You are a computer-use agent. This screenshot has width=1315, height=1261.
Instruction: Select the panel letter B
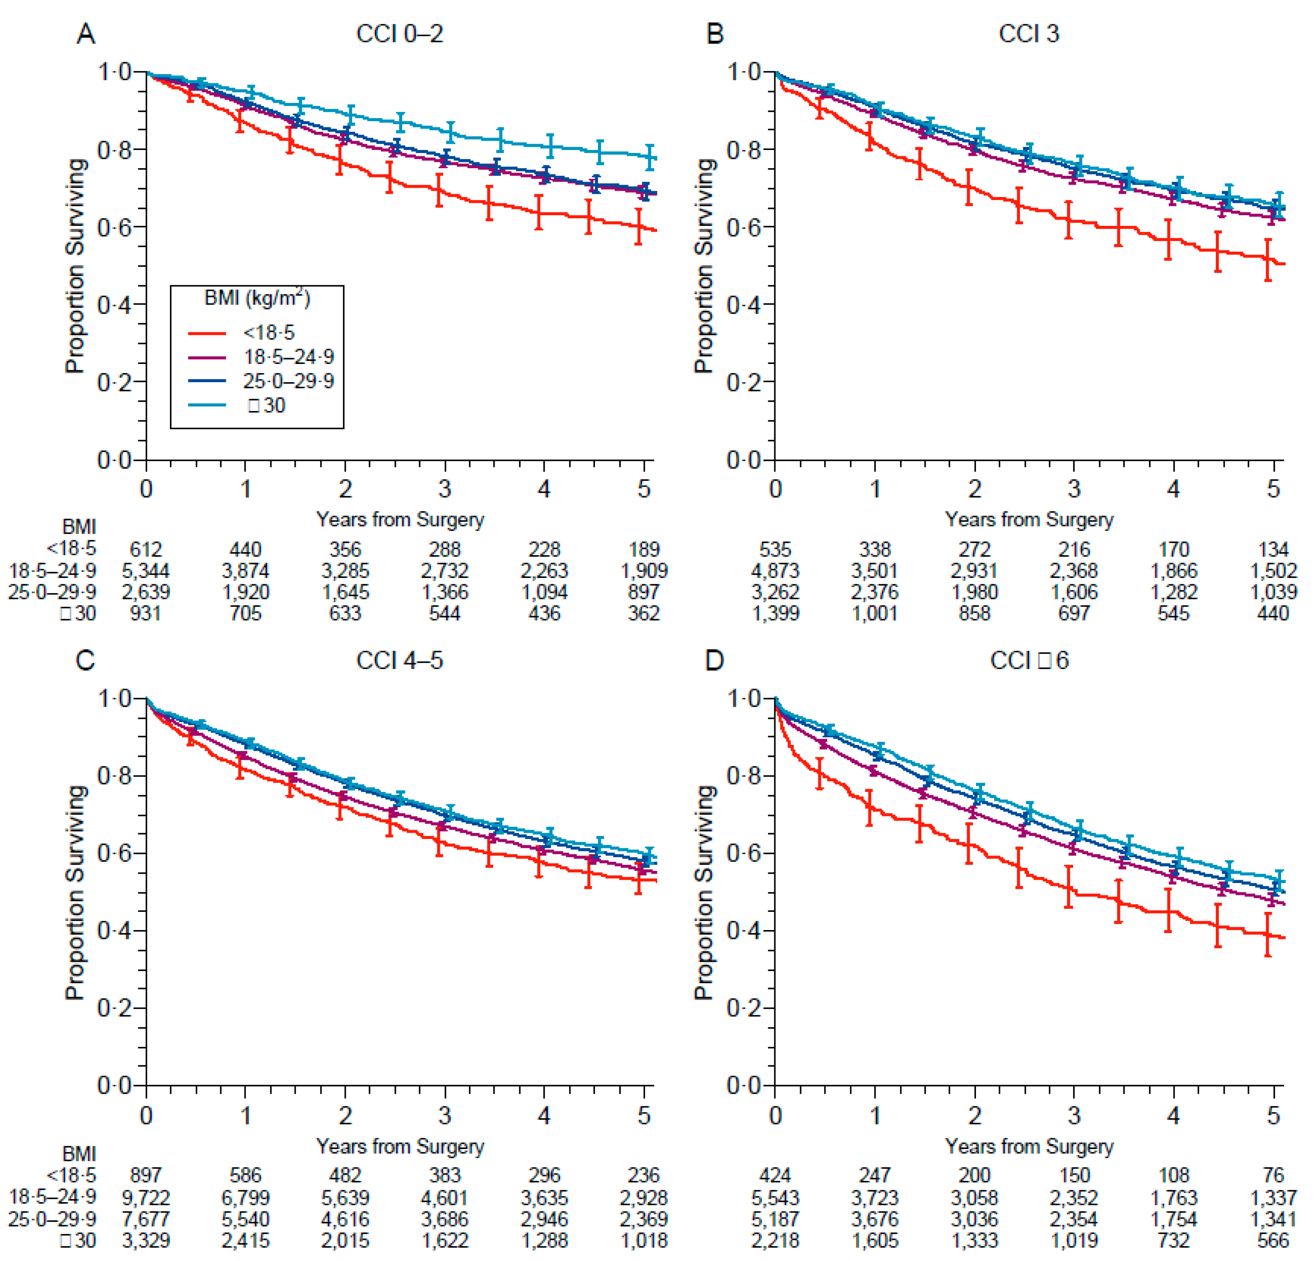715,33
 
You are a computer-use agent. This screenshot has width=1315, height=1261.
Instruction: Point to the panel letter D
715,661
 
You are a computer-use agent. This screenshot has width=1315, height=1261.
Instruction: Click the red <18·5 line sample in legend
207,333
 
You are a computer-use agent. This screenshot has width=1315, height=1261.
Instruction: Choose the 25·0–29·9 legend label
289,381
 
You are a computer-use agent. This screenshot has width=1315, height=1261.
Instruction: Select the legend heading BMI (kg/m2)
257,298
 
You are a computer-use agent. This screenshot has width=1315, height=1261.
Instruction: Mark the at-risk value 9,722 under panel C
146,1198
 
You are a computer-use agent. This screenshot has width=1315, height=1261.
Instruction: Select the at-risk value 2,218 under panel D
775,1241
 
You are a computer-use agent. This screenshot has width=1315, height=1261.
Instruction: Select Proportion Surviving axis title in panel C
76,892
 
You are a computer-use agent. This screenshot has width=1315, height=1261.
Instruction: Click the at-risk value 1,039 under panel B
1273,592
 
